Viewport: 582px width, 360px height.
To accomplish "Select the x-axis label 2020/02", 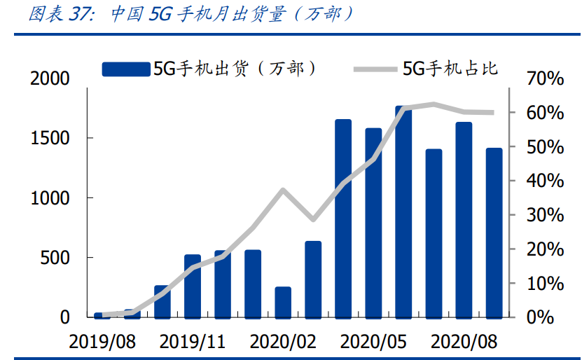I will [x=283, y=342].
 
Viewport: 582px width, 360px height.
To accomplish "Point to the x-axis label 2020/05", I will [x=373, y=342].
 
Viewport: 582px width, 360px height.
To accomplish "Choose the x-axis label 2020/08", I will [x=464, y=342].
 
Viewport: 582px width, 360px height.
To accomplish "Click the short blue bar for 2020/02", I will [x=283, y=302].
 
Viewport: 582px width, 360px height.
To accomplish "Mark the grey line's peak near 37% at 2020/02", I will [x=283, y=190].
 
